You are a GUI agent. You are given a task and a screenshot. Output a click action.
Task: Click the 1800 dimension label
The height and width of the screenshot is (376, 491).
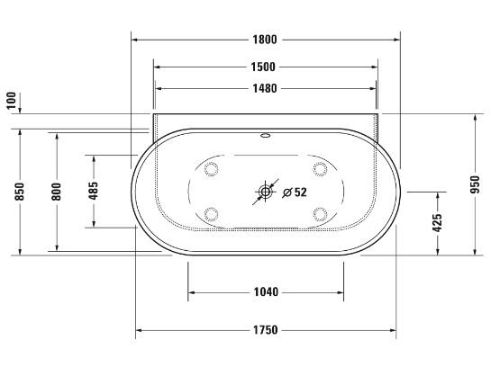click(x=265, y=40)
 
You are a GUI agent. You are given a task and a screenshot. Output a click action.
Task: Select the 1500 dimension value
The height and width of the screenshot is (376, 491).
click(x=265, y=67)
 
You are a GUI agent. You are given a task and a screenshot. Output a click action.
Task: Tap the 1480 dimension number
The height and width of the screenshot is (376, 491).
click(x=265, y=88)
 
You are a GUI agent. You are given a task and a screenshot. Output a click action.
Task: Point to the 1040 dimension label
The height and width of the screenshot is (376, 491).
click(x=265, y=291)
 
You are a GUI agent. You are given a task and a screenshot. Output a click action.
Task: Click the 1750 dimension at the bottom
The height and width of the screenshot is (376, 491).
click(x=265, y=331)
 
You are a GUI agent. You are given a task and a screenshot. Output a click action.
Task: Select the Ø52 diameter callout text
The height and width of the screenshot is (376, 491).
click(x=295, y=192)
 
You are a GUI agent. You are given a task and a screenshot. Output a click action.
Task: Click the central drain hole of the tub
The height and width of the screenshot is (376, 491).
click(x=266, y=191)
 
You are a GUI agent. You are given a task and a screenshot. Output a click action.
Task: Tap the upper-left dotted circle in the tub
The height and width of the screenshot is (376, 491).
click(x=213, y=168)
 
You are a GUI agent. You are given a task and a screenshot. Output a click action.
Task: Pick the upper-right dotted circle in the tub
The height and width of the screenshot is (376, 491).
click(x=319, y=168)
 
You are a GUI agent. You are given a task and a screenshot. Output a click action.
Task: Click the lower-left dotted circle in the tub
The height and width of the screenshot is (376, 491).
click(x=213, y=213)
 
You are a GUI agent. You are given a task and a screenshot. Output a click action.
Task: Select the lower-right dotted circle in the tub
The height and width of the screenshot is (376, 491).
click(x=319, y=213)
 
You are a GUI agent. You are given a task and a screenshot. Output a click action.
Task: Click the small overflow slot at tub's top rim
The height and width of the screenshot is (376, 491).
click(x=266, y=138)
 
